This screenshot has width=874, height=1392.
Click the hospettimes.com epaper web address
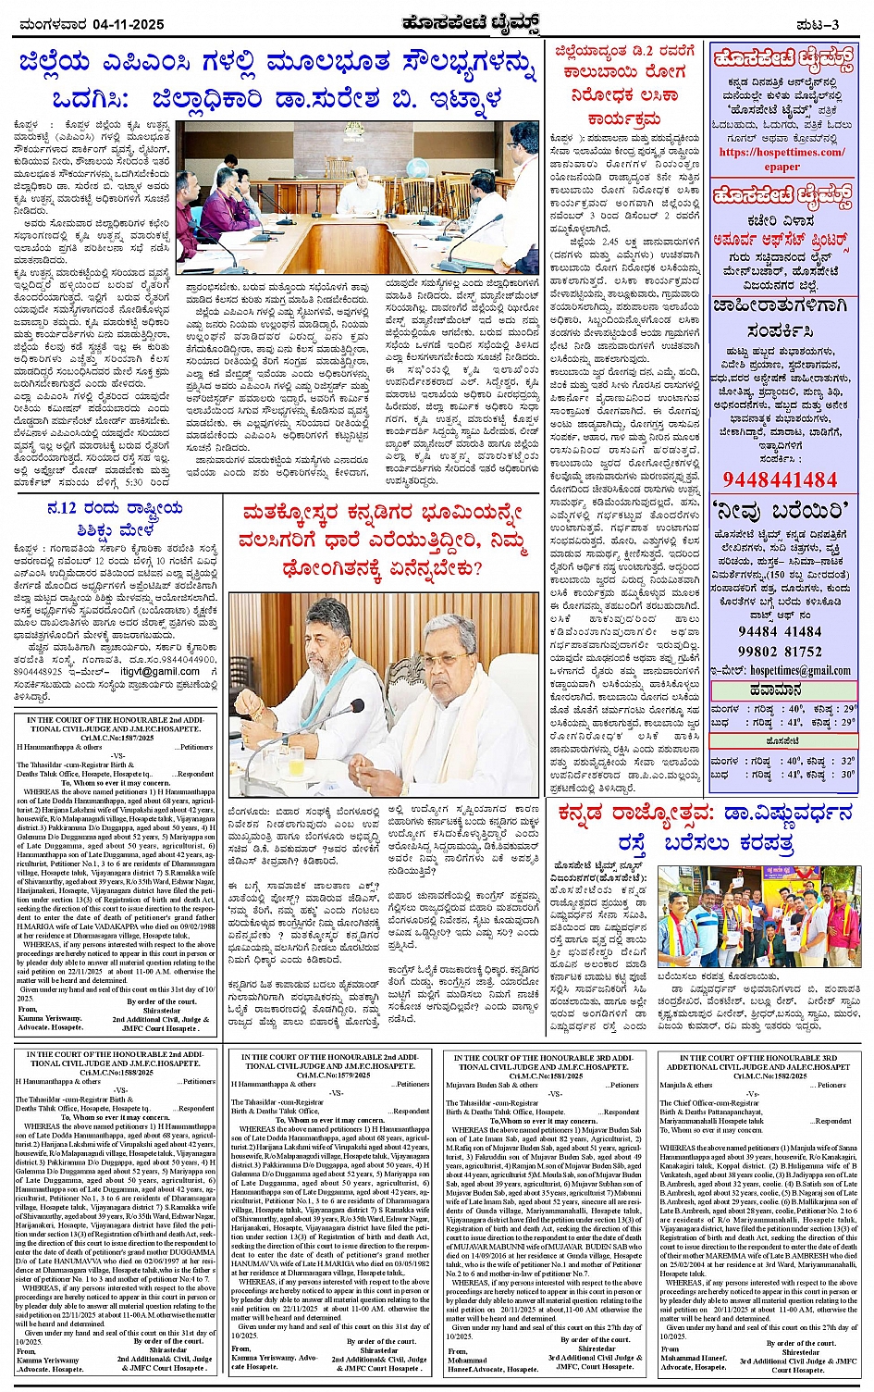click(782, 159)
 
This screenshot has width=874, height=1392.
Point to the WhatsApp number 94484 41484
click(779, 631)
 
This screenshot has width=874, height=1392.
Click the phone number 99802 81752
click(779, 652)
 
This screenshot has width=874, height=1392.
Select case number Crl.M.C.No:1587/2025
click(116, 739)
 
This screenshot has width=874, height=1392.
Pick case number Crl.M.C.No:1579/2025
click(330, 1075)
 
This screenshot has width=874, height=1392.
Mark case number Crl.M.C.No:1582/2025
click(757, 1076)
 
